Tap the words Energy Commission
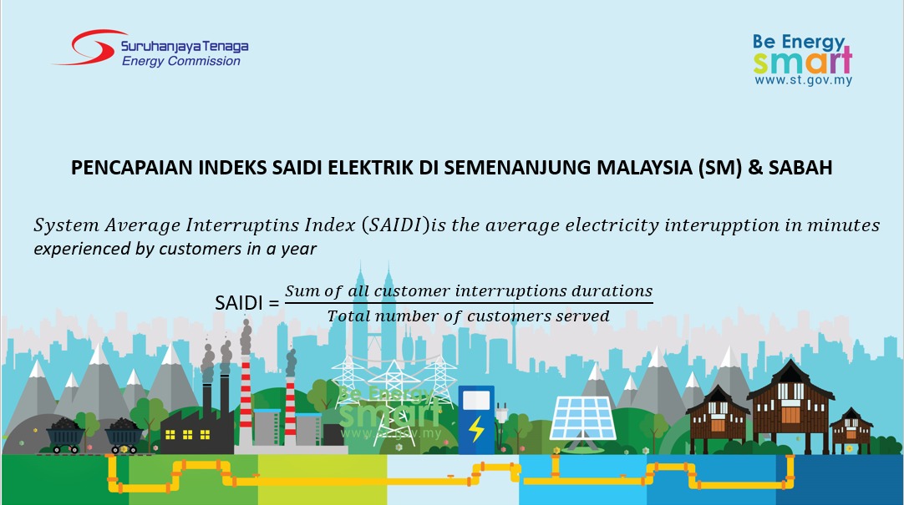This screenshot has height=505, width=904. [x=181, y=61]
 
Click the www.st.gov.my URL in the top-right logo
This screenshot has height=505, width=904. [x=803, y=80]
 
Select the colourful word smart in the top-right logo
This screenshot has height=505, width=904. [x=803, y=60]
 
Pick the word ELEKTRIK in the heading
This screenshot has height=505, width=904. [x=370, y=168]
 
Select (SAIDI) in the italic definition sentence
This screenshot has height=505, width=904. [x=396, y=225]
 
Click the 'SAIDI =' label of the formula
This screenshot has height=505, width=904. [x=246, y=303]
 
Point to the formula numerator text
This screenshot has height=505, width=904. [x=469, y=290]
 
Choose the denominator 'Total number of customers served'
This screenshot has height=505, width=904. [x=468, y=316]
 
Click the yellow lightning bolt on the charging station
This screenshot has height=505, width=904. [x=476, y=429]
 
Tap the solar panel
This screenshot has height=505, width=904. [x=582, y=419]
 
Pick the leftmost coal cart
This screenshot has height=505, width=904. [x=65, y=436]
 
